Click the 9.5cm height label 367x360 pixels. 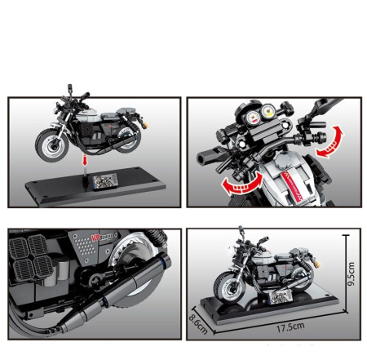pos(351,275)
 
